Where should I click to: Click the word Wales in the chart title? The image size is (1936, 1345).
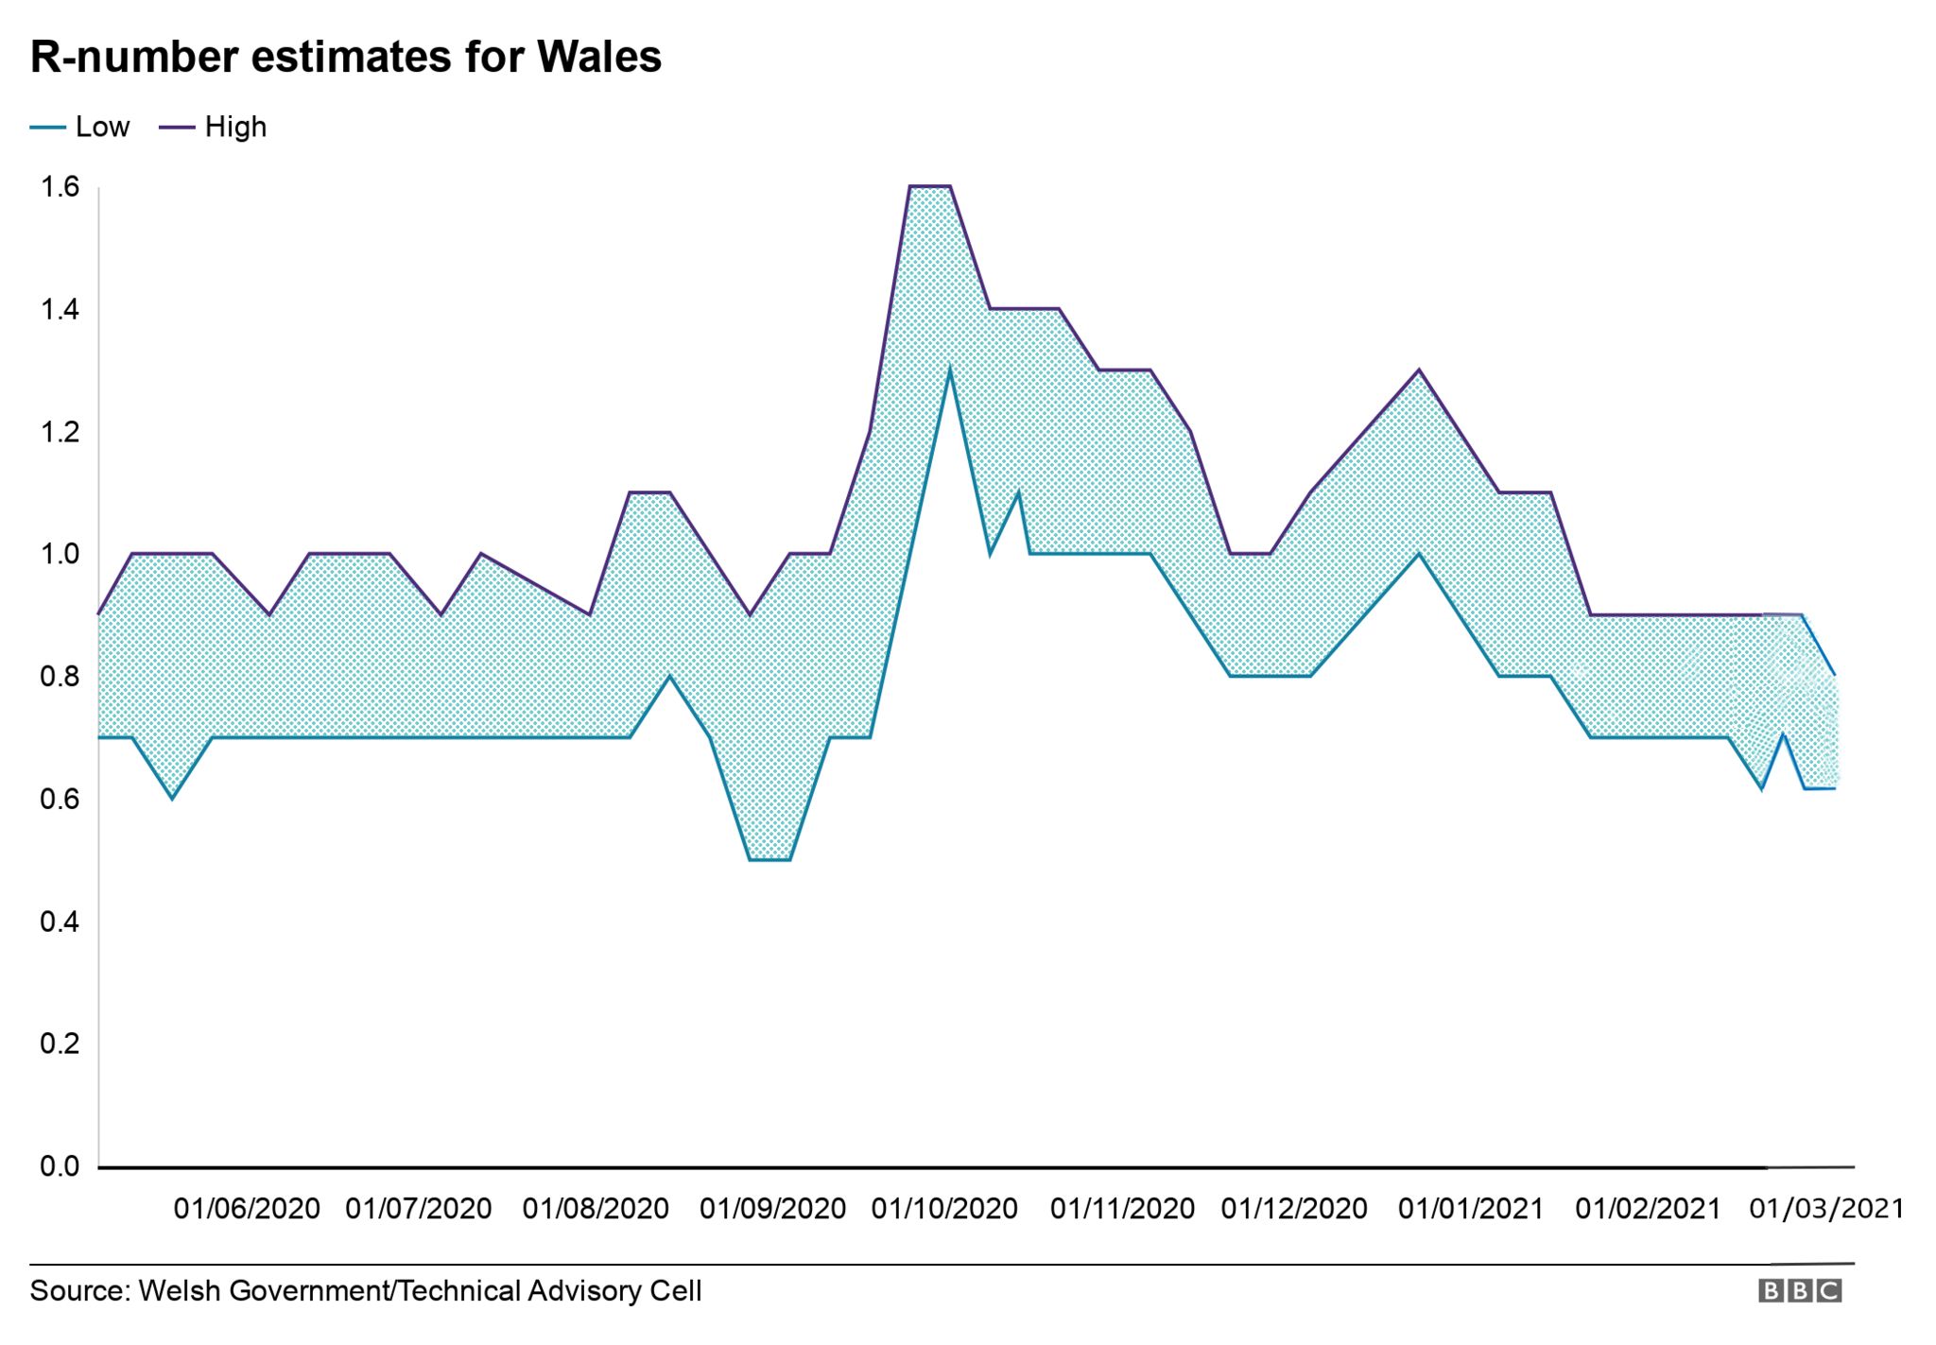pos(598,57)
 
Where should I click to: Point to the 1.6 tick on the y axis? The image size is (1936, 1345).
pos(59,187)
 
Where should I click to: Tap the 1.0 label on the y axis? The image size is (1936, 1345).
pos(59,554)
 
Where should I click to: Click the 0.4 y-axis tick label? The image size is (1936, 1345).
pos(59,922)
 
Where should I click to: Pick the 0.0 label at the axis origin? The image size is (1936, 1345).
pos(59,1166)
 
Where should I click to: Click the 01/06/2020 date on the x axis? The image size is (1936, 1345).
pos(247,1209)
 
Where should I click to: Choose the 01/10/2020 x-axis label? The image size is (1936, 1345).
pos(944,1209)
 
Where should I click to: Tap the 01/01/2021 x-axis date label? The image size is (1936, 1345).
pos(1470,1209)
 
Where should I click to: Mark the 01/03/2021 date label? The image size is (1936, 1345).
pos(1825,1209)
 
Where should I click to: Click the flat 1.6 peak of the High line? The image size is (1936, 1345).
pos(929,186)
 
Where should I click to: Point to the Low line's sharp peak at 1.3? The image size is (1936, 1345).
pos(949,371)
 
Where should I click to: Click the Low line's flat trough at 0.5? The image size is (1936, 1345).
pos(769,860)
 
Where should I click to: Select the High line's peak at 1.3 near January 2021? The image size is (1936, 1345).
pos(1418,371)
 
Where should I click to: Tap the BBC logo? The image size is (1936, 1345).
pos(1799,1291)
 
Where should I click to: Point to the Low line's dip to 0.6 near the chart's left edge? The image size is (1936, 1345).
pos(171,798)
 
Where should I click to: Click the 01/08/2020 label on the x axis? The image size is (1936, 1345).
pos(596,1209)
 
